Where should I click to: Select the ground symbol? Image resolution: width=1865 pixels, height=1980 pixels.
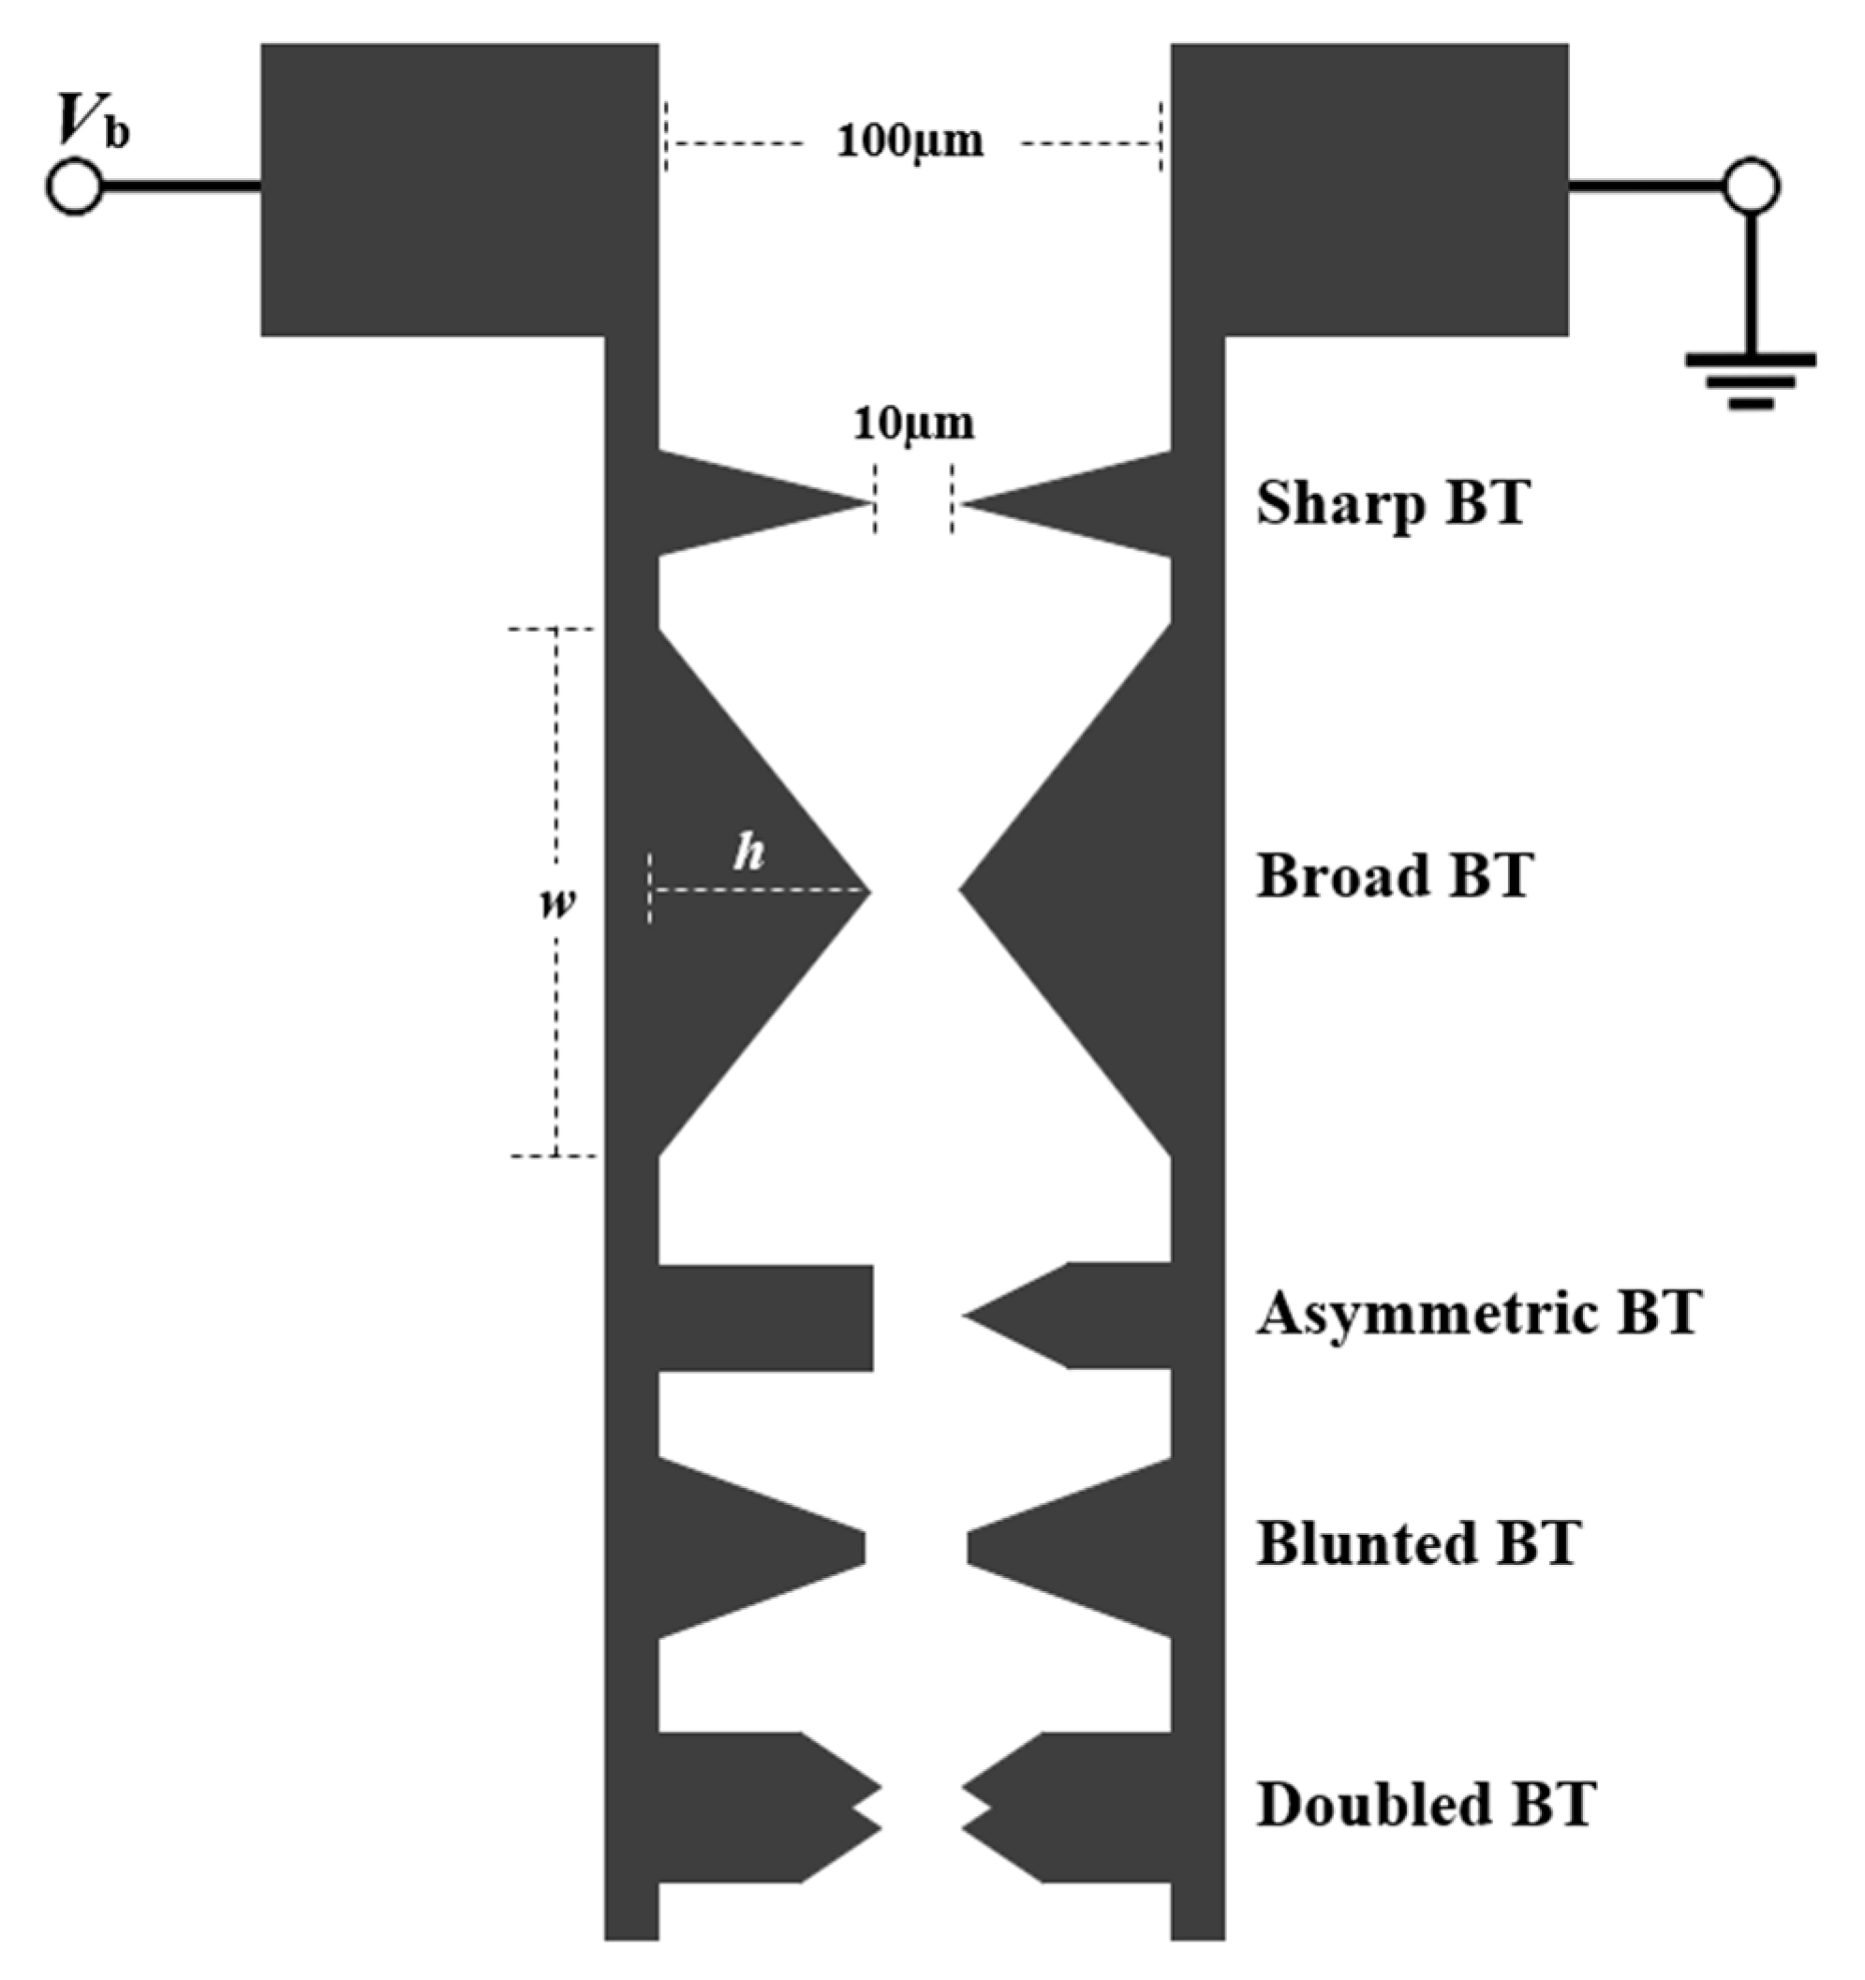pos(1750,380)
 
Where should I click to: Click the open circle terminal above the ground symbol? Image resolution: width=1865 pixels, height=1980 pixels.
pos(1752,186)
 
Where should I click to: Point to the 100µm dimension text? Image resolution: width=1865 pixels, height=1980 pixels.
pos(910,141)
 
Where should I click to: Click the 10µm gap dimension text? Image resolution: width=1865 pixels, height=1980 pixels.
pos(913,424)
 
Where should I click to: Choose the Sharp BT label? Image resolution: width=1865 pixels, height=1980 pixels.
pos(1391,503)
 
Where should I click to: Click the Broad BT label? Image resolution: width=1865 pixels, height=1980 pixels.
pos(1393,875)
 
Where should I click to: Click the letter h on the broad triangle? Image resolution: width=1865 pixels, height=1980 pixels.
pos(748,853)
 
